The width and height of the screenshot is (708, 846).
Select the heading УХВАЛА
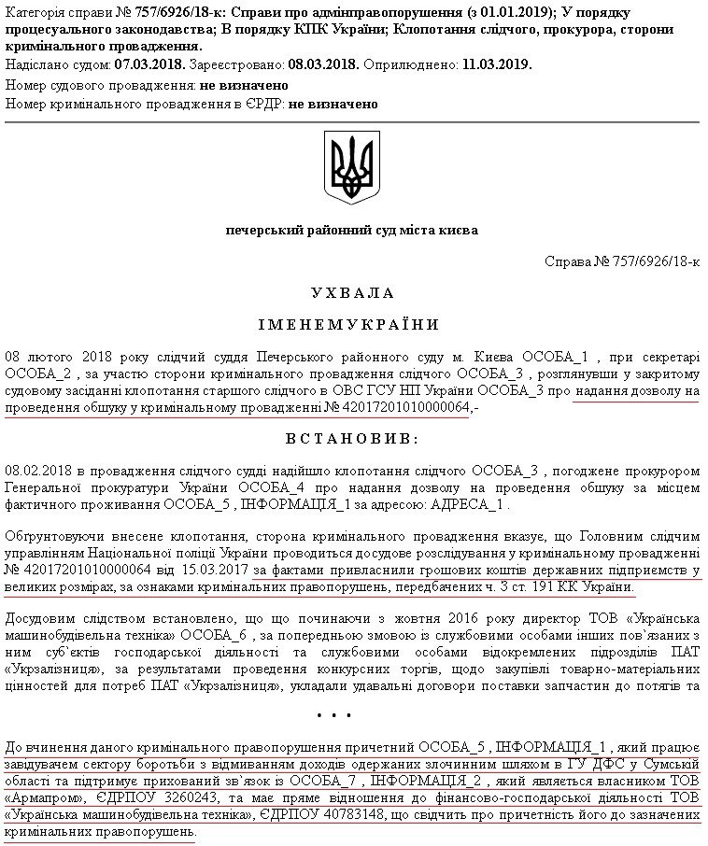coord(353,293)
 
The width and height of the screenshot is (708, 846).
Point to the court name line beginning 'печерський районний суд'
coord(352,230)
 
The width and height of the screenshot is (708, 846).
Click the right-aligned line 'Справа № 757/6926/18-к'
coord(622,261)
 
